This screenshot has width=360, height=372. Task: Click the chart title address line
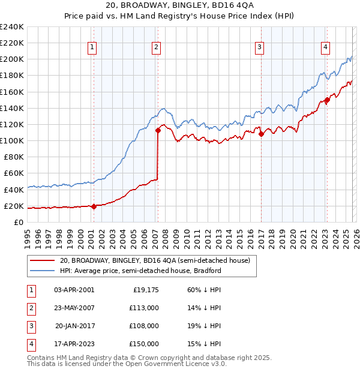(180, 5)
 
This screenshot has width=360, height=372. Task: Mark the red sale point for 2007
(158, 130)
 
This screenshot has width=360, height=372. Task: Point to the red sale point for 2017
(261, 134)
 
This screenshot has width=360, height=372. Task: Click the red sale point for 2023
(327, 100)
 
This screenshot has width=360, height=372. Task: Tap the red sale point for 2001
(94, 206)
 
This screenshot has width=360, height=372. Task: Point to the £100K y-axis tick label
(12, 140)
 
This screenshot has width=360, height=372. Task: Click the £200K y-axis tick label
(12, 59)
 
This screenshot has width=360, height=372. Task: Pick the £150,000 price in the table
(144, 344)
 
